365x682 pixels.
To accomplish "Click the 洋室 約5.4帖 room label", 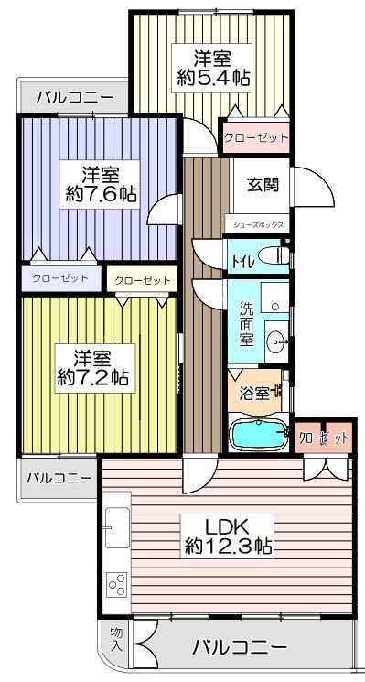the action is click(212, 68).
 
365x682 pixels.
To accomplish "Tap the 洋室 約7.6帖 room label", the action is click(100, 184).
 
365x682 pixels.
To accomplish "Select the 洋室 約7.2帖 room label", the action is click(95, 368).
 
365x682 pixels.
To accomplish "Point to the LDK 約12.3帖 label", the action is click(227, 536).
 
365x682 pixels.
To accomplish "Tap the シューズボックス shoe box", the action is click(259, 225).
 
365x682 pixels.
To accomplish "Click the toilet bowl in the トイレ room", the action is click(275, 254).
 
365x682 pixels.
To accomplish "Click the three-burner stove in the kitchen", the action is click(117, 585).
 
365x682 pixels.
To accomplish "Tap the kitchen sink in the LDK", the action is click(117, 527).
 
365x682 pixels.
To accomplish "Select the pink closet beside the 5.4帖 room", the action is click(256, 138).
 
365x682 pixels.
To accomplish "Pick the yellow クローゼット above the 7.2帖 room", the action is click(142, 280).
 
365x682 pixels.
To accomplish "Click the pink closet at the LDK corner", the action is click(323, 438).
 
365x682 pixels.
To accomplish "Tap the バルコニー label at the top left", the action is click(74, 96).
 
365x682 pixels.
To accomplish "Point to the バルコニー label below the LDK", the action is click(241, 647).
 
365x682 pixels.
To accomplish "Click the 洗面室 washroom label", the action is click(246, 324).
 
